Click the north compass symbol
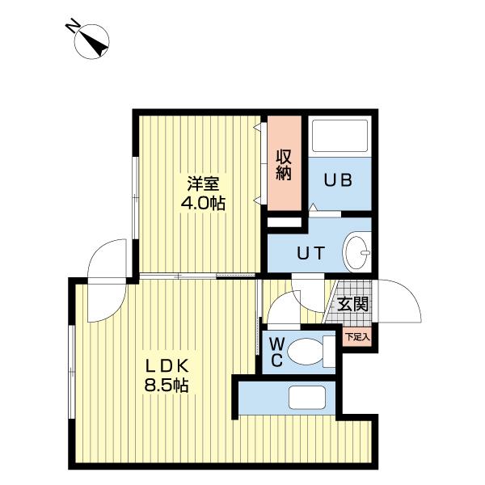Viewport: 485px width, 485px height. [x=92, y=42]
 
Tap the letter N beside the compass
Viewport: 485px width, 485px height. [x=72, y=25]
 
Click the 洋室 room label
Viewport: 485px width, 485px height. [x=203, y=184]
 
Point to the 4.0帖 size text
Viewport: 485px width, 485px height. [x=203, y=203]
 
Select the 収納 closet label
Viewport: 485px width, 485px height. [x=284, y=165]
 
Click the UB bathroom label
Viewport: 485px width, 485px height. [x=338, y=180]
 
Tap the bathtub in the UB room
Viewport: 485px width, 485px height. [x=339, y=135]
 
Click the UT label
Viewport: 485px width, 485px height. [x=310, y=253]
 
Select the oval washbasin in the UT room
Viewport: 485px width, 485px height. [x=356, y=251]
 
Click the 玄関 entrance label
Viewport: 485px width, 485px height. [x=352, y=304]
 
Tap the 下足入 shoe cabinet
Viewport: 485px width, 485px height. [x=357, y=337]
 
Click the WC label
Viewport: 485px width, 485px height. [x=276, y=352]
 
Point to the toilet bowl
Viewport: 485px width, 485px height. [x=306, y=352]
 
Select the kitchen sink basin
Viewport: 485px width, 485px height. [x=307, y=398]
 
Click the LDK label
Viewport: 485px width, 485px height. [x=167, y=366]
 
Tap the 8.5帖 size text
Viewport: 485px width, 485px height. [x=167, y=386]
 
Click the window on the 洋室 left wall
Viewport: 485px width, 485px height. [x=136, y=198]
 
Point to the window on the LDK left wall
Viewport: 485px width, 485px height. [x=72, y=371]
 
